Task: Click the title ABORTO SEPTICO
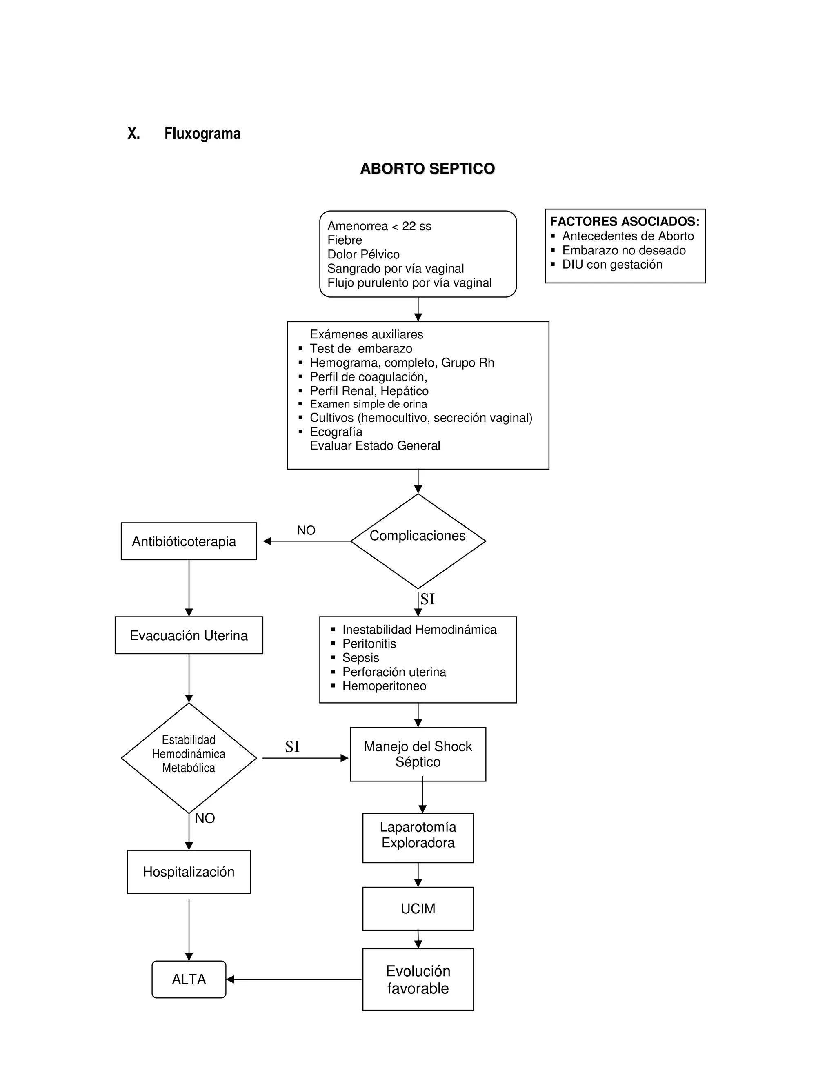coord(427,169)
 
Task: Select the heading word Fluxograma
coord(202,134)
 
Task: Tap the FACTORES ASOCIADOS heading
coord(624,221)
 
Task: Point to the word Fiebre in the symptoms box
coord(345,240)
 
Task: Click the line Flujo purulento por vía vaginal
coord(409,283)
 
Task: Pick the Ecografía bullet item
coord(336,432)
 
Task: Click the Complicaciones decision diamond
coord(418,541)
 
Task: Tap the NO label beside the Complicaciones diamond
coord(306,531)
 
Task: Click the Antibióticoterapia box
coord(189,541)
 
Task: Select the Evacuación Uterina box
coord(189,636)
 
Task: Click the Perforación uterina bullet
coord(394,672)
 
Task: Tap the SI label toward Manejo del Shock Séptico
coord(292,747)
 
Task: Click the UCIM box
coord(418,908)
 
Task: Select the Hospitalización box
coord(189,872)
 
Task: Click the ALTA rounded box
coord(189,980)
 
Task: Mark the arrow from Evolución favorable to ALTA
coord(295,980)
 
